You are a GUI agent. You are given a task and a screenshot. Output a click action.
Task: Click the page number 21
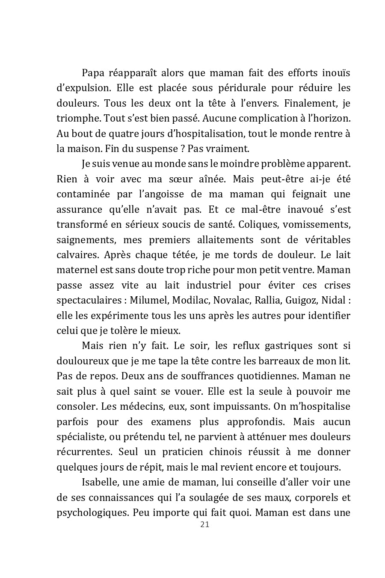tap(204, 525)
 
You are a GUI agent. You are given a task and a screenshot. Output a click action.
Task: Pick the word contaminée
tap(83, 194)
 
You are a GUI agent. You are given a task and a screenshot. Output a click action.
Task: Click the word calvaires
tap(77, 255)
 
